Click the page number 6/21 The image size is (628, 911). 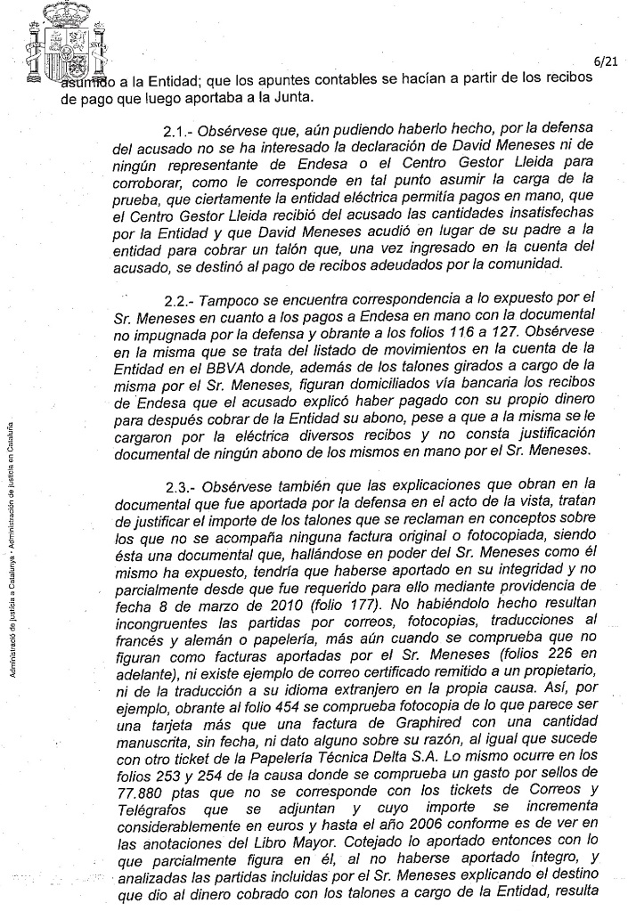605,61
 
